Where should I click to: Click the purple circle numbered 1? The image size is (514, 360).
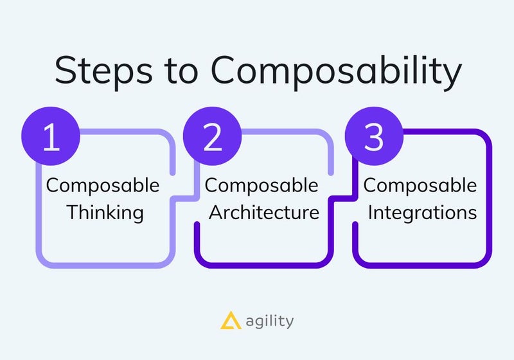tap(51, 136)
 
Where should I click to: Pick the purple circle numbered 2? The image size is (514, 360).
tap(213, 136)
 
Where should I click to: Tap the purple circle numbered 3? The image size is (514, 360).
tap(374, 136)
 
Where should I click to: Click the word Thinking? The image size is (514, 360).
tap(105, 213)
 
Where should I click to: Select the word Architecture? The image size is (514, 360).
tap(264, 212)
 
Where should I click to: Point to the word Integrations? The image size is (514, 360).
tap(422, 213)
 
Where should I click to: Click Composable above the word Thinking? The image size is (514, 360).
tap(103, 186)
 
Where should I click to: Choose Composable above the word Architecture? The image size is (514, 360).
tap(261, 186)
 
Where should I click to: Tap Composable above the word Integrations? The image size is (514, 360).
tap(420, 186)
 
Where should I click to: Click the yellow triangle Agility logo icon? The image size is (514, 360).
tap(231, 320)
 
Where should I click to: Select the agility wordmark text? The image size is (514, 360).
tap(270, 321)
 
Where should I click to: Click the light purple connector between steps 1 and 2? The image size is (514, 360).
tap(184, 199)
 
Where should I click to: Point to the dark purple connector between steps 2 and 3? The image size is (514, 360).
tap(343, 199)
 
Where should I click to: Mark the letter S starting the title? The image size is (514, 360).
tap(66, 70)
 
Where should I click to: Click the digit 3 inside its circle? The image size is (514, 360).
tap(374, 137)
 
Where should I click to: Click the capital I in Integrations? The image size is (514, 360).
tap(370, 212)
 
